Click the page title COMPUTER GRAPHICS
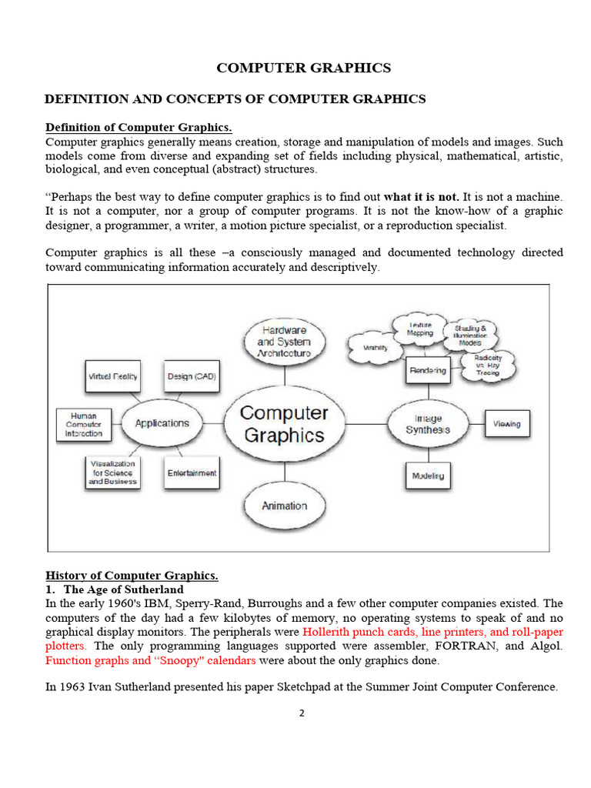pyautogui.click(x=303, y=68)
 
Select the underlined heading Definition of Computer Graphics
pyautogui.click(x=139, y=127)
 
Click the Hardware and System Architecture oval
pyautogui.click(x=284, y=341)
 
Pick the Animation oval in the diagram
pyautogui.click(x=284, y=506)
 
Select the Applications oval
pyautogui.click(x=162, y=423)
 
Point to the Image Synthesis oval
pyautogui.click(x=428, y=424)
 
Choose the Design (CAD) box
pyautogui.click(x=191, y=377)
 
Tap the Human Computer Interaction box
pyautogui.click(x=83, y=424)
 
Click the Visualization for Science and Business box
pyautogui.click(x=112, y=472)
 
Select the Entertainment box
pyautogui.click(x=192, y=473)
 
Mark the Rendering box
pyautogui.click(x=428, y=370)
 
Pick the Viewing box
pyautogui.click(x=506, y=424)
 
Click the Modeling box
pyautogui.click(x=428, y=476)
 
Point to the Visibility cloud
pyautogui.click(x=376, y=348)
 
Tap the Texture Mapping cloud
pyautogui.click(x=419, y=329)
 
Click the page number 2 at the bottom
pyautogui.click(x=302, y=713)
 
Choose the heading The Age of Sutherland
pyautogui.click(x=124, y=589)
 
